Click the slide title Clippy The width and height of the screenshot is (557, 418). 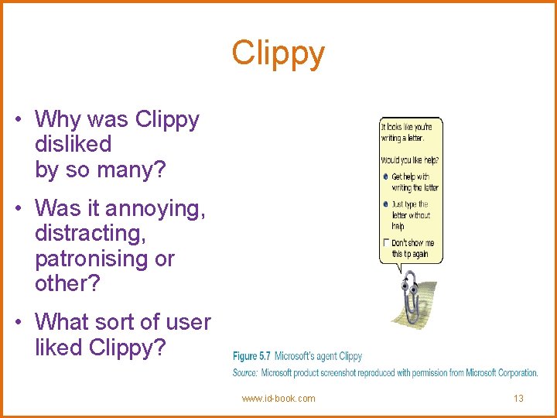[278, 54]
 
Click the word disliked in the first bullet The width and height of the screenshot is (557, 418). [73, 144]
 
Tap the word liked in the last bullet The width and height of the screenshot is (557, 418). [60, 348]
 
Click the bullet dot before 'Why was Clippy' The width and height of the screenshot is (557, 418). [18, 119]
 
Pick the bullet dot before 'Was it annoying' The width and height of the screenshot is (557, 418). [18, 208]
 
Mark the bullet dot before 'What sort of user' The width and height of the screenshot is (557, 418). [18, 321]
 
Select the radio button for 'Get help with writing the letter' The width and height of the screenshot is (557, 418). [385, 176]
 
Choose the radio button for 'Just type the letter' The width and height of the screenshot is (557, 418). [385, 204]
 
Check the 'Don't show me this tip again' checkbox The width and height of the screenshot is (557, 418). [385, 243]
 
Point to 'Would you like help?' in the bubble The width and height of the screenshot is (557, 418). [409, 160]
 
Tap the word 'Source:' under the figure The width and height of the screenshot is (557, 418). [245, 373]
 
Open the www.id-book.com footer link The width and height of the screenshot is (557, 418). [278, 399]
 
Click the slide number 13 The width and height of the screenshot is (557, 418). [518, 399]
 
